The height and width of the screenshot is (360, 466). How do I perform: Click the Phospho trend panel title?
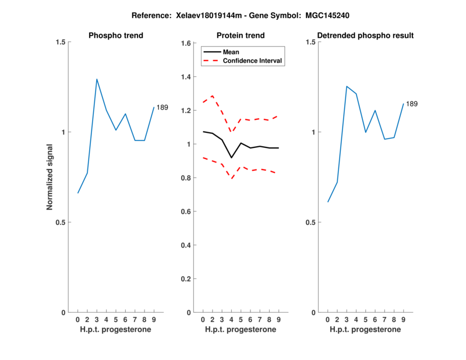pos(116,36)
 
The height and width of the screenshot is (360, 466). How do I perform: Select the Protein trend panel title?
pos(240,36)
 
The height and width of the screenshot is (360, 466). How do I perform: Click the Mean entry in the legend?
pos(231,52)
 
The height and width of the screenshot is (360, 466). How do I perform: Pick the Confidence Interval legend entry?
pos(253,61)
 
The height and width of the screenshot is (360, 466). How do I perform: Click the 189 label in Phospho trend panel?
pos(162,107)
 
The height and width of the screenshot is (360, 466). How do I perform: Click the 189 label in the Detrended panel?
pos(412,104)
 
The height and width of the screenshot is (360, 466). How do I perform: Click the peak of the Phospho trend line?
pos(97,79)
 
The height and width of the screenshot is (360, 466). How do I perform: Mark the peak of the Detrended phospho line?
pos(347,86)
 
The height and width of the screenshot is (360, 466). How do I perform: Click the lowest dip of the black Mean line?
pos(231,158)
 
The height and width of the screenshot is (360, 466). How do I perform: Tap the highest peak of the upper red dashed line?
pos(213,96)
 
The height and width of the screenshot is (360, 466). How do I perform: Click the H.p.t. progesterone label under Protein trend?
pos(240,329)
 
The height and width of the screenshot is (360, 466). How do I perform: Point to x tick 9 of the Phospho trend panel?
pos(153,320)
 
